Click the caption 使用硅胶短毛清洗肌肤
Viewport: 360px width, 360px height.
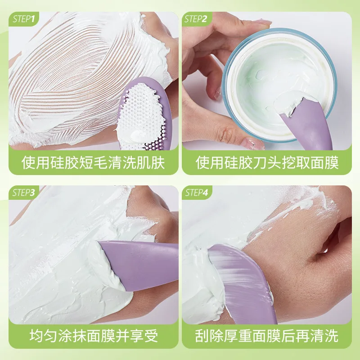(x=93, y=162)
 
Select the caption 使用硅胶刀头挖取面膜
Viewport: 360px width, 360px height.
(x=267, y=162)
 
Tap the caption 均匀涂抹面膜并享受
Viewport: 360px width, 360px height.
(x=93, y=336)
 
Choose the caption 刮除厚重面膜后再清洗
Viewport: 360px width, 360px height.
(x=267, y=336)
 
